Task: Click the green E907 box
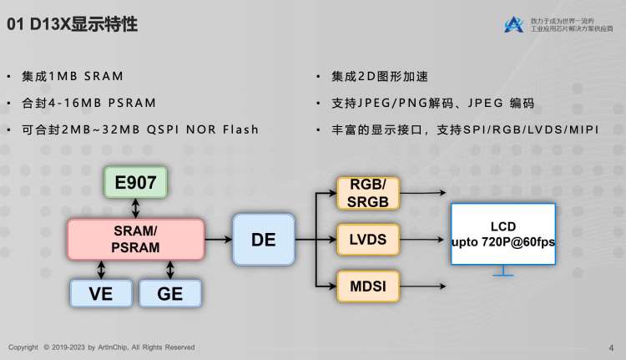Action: click(135, 183)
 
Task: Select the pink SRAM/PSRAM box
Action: click(135, 238)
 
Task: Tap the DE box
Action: click(263, 240)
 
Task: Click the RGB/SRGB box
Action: click(367, 192)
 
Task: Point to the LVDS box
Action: click(367, 240)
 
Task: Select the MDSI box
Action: click(367, 286)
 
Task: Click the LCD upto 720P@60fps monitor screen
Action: click(502, 234)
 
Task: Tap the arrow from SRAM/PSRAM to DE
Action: click(219, 240)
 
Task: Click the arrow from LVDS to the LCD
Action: click(423, 240)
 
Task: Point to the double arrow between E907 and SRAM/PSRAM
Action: click(135, 208)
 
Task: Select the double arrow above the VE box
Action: click(101, 269)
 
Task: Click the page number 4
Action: click(612, 347)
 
